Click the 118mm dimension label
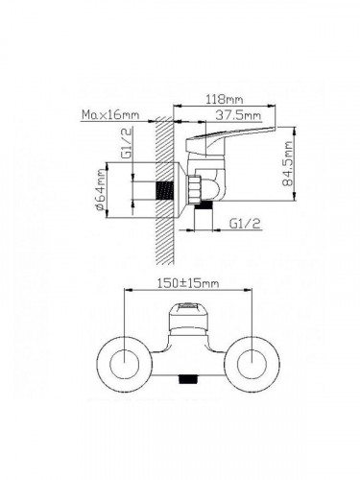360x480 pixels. pos(224,99)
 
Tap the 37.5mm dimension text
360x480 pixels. pos(238,115)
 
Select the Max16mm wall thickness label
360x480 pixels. pos(110,114)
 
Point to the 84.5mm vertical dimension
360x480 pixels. pos(287,163)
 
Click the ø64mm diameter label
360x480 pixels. pos(100,189)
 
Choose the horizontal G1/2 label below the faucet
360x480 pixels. pos(245,224)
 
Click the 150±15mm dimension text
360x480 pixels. pos(188,283)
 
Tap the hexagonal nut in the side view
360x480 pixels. pos(194,189)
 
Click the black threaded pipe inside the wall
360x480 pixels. pos(165,191)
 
